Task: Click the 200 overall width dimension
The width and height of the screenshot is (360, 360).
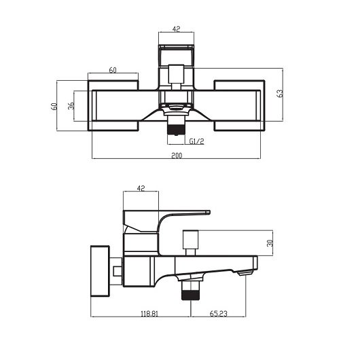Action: [176, 155]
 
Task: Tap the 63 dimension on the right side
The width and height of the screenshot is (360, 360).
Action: [280, 93]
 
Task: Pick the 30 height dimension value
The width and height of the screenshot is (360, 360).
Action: [270, 242]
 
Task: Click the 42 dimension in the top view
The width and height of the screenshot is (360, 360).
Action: [175, 29]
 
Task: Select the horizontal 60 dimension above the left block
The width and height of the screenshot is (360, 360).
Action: [113, 70]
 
